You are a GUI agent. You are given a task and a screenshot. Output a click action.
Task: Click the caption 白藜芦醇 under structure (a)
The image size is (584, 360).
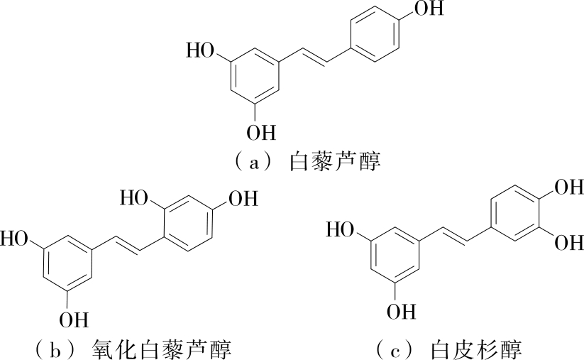pyautogui.click(x=336, y=163)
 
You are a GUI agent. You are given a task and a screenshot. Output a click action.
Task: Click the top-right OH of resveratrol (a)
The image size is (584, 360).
pyautogui.click(x=426, y=9)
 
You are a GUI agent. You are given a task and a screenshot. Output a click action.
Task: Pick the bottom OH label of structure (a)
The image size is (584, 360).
pyautogui.click(x=262, y=132)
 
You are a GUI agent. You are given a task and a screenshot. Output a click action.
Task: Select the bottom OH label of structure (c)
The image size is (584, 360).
pyautogui.click(x=401, y=311)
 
